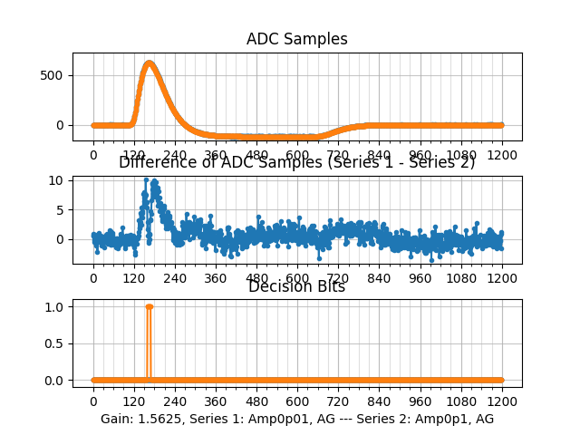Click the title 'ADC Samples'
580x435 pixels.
point(296,39)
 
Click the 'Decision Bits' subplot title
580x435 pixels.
point(296,287)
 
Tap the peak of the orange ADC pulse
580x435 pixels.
point(150,63)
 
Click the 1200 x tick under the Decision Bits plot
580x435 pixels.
point(502,401)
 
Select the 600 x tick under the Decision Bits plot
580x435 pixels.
point(297,401)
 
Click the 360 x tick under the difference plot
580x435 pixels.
point(216,278)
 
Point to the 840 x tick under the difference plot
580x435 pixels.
point(379,278)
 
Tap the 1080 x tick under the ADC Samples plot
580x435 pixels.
point(461,155)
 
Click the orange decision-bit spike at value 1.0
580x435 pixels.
point(149,306)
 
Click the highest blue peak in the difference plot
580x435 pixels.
point(146,179)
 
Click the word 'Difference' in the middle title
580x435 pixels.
point(154,162)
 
